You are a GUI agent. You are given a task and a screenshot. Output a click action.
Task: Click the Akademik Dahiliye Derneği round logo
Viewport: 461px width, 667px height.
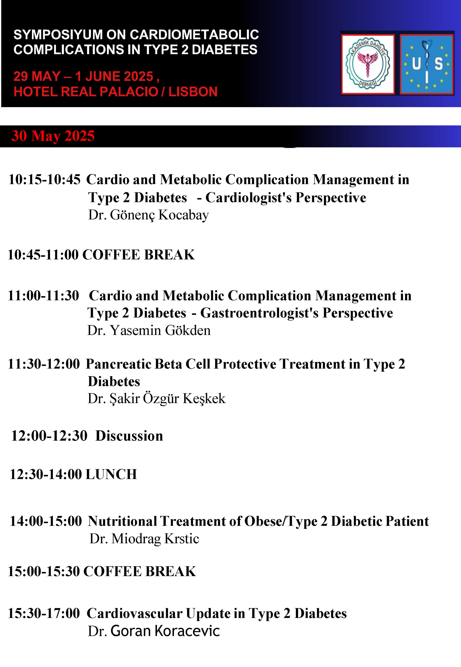(367, 64)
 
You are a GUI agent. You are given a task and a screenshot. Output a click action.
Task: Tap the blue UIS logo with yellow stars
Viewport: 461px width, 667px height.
(426, 64)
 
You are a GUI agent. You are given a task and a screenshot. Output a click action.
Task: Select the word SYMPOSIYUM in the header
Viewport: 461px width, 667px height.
(58, 35)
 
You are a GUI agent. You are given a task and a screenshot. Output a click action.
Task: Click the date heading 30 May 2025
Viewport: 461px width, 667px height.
(53, 136)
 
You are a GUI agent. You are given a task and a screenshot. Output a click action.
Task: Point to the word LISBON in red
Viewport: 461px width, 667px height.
(193, 92)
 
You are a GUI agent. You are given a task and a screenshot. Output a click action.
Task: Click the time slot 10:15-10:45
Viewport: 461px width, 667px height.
(44, 179)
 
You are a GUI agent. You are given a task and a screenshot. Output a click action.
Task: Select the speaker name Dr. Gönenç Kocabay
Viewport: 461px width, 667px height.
(149, 215)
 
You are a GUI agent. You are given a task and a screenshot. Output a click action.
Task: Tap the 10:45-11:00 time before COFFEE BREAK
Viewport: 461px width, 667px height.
(43, 255)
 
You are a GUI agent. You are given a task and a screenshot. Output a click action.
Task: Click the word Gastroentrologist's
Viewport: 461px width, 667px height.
(259, 313)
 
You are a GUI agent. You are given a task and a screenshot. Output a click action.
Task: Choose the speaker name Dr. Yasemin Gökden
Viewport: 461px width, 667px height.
(149, 330)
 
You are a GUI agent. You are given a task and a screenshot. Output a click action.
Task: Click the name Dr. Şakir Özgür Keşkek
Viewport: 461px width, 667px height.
(157, 399)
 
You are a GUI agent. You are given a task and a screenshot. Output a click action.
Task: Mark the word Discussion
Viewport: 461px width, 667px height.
(129, 436)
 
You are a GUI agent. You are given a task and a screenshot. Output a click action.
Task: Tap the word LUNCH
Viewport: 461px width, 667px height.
(111, 474)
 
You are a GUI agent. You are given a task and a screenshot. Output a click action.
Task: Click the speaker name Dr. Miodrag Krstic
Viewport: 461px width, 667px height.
(144, 539)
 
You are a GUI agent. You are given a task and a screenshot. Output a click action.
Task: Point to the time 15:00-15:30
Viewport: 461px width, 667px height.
(44, 572)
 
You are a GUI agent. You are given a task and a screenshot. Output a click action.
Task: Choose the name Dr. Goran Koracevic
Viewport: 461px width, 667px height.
(154, 631)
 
